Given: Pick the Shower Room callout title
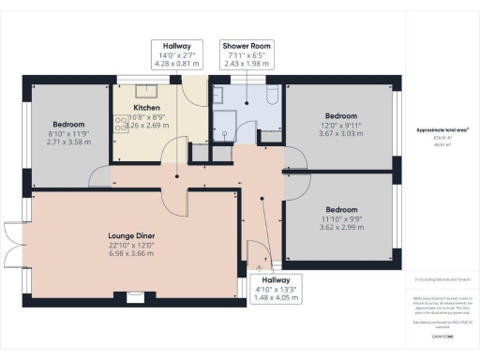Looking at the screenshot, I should coord(246,45).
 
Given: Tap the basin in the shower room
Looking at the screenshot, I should coord(219,97).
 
